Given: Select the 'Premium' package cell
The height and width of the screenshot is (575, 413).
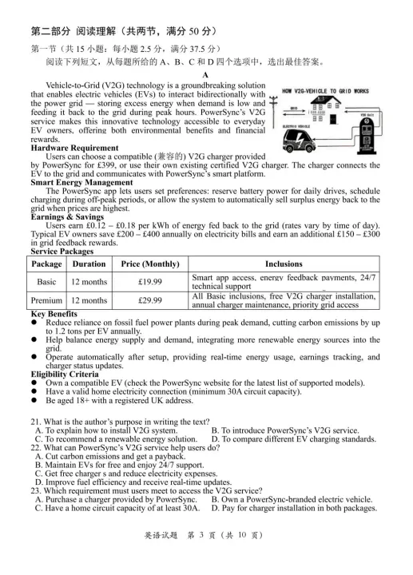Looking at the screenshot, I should coord(47,300).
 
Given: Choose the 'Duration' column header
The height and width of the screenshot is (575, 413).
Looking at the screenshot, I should coord(89,263).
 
